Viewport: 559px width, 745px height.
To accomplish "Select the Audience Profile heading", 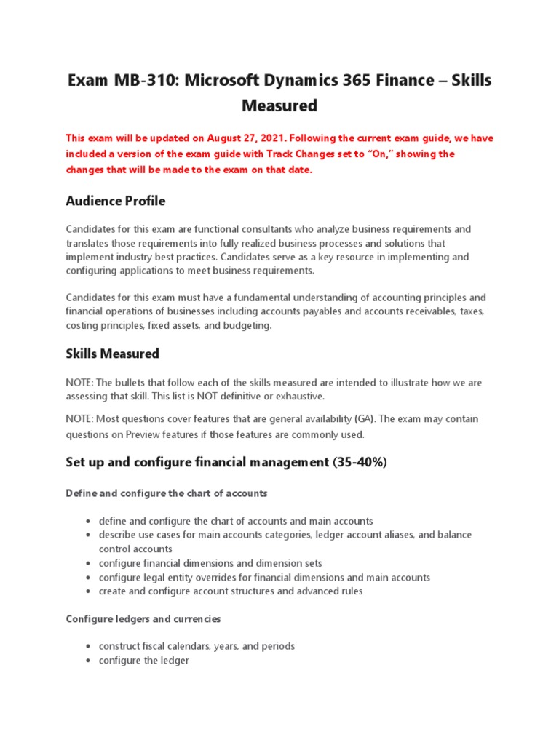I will coord(116,200).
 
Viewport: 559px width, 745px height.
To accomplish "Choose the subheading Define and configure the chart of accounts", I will coord(167,493).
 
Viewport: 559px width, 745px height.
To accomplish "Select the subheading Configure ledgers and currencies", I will coord(143,619).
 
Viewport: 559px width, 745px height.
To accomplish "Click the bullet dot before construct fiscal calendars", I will coord(87,647).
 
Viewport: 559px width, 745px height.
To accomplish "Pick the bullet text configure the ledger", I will coord(144,661).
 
